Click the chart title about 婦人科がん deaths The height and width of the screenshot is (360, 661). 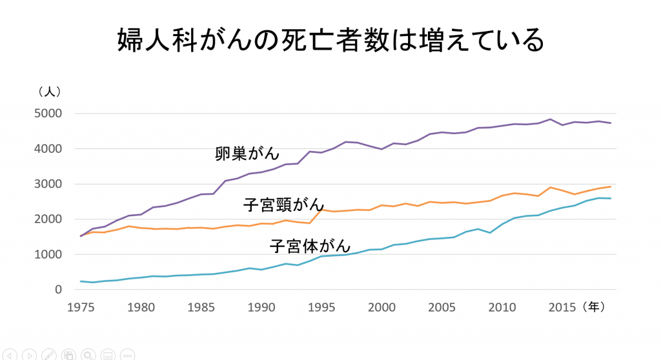coord(330,41)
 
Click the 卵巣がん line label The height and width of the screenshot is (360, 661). coord(247,154)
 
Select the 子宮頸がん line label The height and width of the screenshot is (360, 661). coord(283,205)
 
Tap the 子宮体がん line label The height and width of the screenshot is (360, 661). coord(310,246)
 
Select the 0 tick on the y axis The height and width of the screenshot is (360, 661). coord(58,290)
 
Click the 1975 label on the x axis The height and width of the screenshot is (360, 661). coord(81,308)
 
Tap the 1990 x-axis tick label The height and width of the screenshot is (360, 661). coord(261,308)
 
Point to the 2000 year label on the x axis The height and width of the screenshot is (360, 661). coord(382,308)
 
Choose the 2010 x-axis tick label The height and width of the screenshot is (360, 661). coord(502,308)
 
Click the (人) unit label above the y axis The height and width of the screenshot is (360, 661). coord(49,92)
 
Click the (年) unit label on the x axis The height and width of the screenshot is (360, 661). coord(593,308)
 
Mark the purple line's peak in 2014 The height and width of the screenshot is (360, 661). coord(550,119)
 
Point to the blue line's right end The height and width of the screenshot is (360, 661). coord(611,199)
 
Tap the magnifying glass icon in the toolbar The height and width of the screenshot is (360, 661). coord(88,354)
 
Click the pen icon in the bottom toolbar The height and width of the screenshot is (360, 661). coord(48,354)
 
